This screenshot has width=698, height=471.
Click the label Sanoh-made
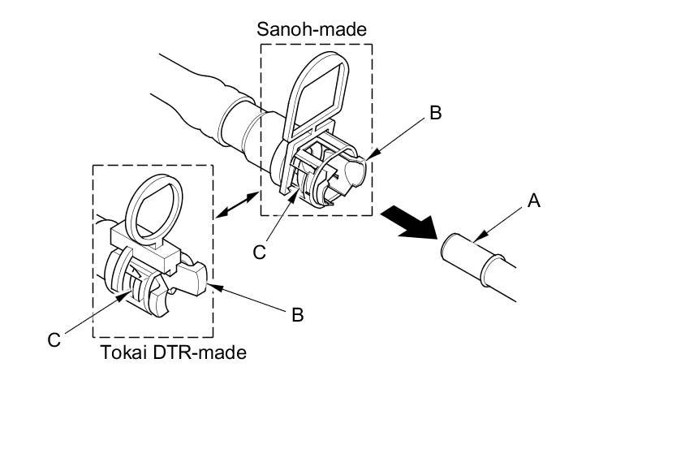click(x=312, y=29)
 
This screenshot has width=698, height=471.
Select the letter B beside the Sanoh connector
click(x=435, y=114)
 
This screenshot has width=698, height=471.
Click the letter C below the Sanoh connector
click(x=259, y=253)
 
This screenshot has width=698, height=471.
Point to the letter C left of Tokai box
click(x=54, y=339)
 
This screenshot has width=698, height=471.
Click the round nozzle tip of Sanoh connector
click(x=358, y=172)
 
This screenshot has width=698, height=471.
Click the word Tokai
click(x=120, y=352)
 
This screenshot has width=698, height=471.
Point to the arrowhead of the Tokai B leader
click(x=213, y=284)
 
